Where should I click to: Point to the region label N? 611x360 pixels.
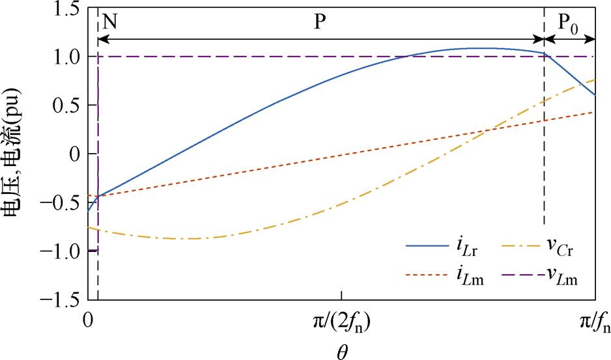click(110, 21)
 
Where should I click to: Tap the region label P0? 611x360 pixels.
click(568, 23)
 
